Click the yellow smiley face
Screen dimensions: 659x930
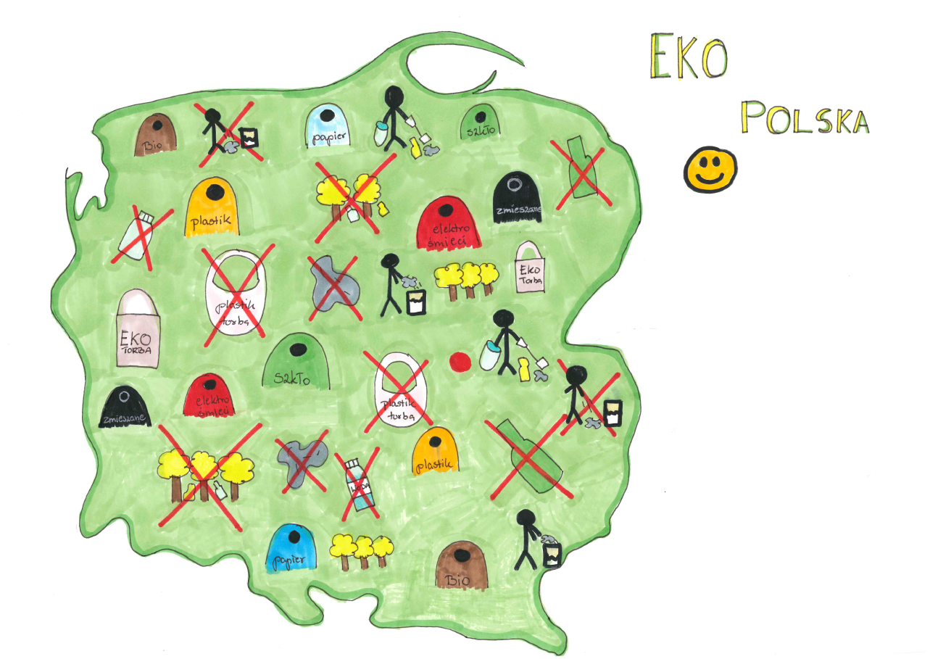click(710, 170)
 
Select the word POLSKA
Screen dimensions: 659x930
click(805, 117)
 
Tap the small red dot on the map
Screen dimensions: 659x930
click(460, 361)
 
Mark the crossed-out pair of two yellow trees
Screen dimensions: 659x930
click(349, 196)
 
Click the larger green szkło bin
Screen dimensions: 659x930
click(296, 362)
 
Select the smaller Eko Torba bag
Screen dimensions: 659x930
click(529, 269)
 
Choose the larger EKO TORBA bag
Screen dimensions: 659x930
click(138, 329)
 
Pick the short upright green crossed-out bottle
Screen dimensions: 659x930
click(579, 168)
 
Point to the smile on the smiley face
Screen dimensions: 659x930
click(710, 178)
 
